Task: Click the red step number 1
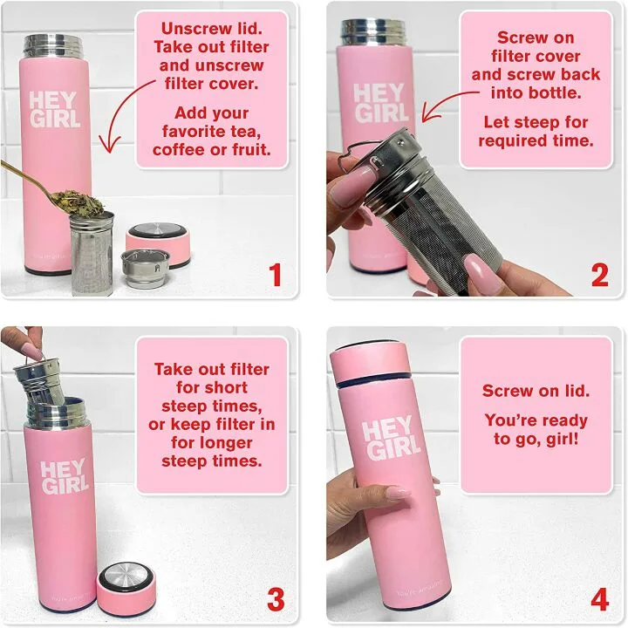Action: (276, 276)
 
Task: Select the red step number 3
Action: (276, 600)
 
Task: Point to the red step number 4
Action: (599, 600)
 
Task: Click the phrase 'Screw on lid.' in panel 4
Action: (536, 392)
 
